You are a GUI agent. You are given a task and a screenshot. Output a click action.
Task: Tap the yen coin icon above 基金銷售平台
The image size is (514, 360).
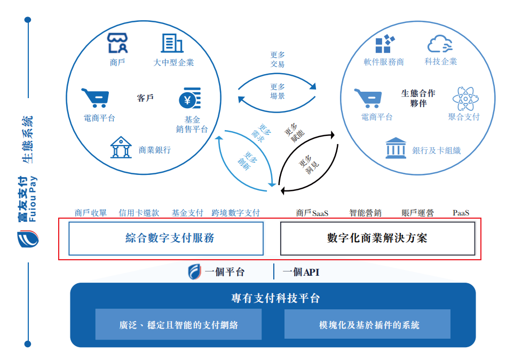pos(190,98)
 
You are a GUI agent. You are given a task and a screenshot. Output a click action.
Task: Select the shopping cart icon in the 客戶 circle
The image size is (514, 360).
pos(95,98)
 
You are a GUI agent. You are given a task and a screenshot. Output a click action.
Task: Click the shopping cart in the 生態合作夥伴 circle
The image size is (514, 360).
pos(368,98)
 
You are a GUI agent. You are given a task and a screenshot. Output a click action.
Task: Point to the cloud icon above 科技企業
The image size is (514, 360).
pos(440,44)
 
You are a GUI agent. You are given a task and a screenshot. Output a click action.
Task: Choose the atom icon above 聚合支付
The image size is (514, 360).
pos(465,99)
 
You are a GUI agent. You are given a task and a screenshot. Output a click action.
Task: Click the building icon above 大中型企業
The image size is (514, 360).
pos(172,43)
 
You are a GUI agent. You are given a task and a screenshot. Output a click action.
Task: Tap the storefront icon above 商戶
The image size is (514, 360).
pos(117,43)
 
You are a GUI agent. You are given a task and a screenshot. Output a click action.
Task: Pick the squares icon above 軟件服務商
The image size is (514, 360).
pos(385,44)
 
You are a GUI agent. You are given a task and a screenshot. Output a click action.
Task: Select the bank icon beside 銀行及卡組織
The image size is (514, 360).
pos(396,148)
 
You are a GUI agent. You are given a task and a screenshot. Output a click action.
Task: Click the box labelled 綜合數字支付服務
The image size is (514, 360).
pos(166,238)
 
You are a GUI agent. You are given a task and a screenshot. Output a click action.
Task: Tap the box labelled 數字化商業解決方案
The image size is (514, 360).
pos(378,238)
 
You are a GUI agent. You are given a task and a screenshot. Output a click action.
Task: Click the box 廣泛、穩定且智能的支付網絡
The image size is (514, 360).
pos(178,324)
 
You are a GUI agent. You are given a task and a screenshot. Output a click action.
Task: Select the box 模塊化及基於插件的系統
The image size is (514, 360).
pos(367,324)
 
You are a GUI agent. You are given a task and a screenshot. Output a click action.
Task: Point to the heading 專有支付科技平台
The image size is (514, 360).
pos(275,298)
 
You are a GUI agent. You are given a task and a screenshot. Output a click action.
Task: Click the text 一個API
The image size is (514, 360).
pos(301,272)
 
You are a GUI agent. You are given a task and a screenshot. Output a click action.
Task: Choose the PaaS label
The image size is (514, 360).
pos(461,213)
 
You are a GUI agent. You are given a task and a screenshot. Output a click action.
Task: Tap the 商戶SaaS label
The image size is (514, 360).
pos(312,213)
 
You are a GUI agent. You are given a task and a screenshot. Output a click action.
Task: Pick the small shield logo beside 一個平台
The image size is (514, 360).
pos(194,272)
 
